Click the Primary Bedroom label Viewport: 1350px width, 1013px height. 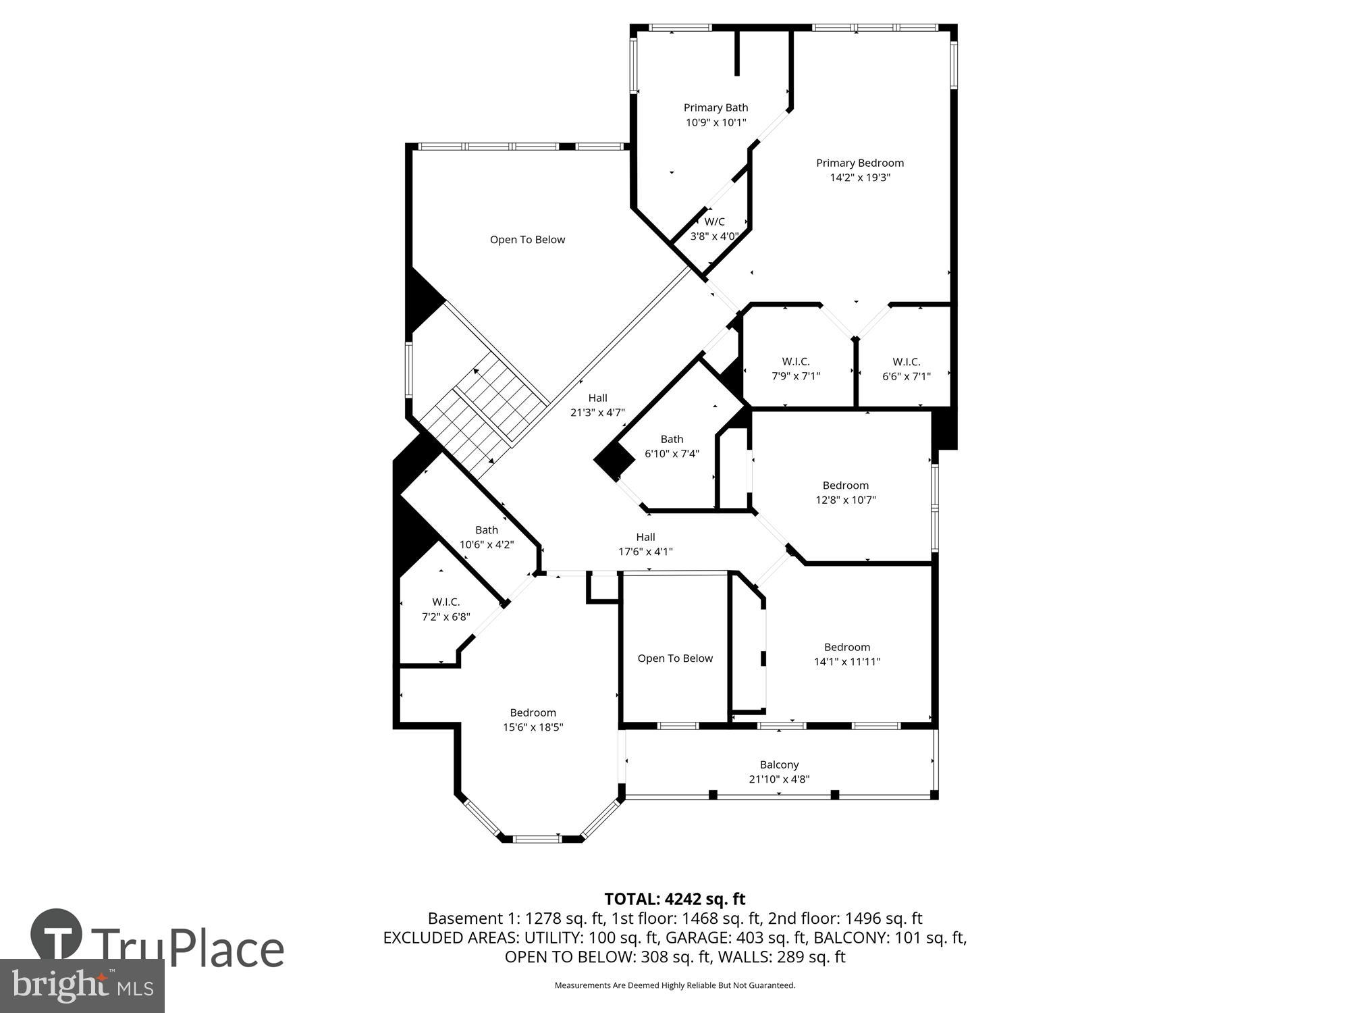(x=859, y=163)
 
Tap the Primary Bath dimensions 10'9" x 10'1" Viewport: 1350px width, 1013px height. (x=715, y=122)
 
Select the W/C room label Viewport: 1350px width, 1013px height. (x=714, y=222)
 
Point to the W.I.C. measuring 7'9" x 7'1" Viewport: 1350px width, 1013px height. (x=795, y=369)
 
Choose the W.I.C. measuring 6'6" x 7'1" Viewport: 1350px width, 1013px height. (x=906, y=369)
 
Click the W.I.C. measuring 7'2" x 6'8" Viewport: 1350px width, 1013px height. (x=446, y=609)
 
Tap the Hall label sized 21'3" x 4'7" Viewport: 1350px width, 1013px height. (x=597, y=405)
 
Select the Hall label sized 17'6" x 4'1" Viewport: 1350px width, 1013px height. (x=645, y=544)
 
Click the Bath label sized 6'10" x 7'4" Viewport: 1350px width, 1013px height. (x=672, y=446)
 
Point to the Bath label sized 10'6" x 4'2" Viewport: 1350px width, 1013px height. (x=486, y=537)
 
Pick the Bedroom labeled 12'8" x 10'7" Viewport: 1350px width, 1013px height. (x=845, y=492)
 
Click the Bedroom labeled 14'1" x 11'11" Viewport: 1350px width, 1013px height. (x=846, y=654)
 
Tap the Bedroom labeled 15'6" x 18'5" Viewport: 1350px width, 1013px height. (x=533, y=719)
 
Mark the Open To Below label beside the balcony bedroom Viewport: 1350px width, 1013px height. (x=675, y=658)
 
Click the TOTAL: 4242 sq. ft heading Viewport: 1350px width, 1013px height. (x=674, y=899)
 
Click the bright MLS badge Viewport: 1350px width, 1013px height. (x=82, y=986)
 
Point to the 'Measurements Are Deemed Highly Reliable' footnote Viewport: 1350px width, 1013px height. (x=674, y=985)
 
